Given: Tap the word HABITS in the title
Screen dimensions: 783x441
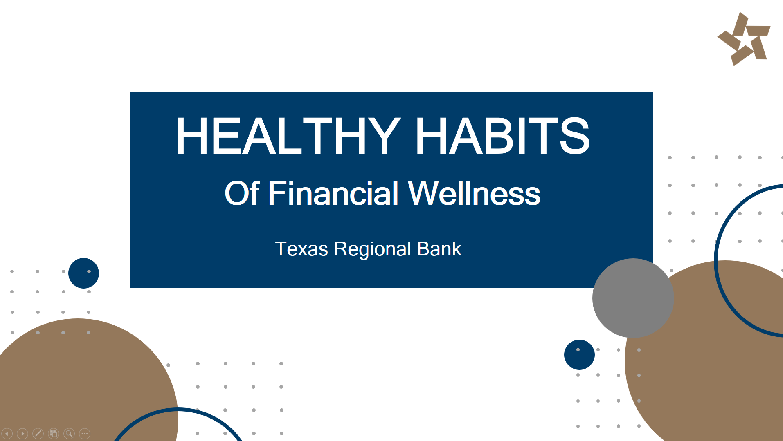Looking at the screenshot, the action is point(503,135).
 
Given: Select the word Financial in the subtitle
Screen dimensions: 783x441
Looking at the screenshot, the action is point(333,193).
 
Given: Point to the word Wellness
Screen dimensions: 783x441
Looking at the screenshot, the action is point(474,193).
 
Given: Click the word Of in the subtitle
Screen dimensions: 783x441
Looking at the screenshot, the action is point(242,193).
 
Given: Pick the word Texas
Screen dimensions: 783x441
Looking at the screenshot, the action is point(301,249).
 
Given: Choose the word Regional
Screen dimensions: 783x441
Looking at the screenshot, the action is point(372,249).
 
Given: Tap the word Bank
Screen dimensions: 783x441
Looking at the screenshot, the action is point(439,249).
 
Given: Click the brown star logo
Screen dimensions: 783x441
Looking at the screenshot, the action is point(744,39).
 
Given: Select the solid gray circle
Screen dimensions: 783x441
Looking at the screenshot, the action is point(633,298).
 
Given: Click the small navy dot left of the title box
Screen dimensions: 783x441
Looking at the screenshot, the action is point(83,273).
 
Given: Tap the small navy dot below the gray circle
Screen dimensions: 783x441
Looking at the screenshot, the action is point(579,355).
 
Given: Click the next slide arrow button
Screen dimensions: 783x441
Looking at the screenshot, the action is point(22,433).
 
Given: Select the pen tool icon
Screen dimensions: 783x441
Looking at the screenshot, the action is point(38,433).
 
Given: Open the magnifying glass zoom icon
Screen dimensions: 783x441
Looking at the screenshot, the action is point(69,433).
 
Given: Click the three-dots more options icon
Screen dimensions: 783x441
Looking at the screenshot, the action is point(85,433).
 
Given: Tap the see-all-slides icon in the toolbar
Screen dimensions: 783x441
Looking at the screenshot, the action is point(54,433).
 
